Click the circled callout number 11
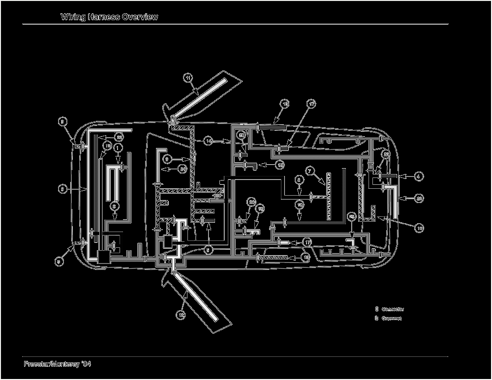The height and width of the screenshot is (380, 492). point(188,77)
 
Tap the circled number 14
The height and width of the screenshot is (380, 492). point(209,141)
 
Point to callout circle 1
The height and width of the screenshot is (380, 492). point(118,147)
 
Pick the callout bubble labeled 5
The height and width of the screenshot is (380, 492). point(209,250)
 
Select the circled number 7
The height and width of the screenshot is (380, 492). point(310,171)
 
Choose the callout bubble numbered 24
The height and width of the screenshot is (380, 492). point(183,169)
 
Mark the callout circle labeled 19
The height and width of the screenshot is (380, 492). point(108,146)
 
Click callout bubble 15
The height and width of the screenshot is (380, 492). point(279,165)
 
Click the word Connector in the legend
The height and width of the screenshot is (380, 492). point(393,309)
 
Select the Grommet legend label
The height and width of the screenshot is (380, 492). point(392,319)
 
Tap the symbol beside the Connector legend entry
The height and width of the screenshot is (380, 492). point(376,309)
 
